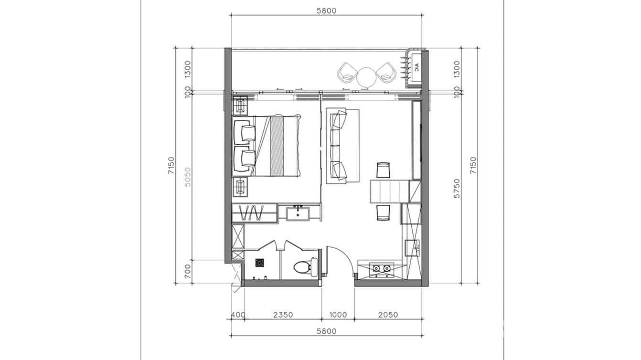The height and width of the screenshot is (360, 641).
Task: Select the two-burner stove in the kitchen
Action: (381, 269)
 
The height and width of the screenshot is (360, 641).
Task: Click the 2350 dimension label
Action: (283, 315)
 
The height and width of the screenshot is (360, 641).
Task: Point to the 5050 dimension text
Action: (188, 177)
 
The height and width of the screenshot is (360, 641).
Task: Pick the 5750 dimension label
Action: (457, 189)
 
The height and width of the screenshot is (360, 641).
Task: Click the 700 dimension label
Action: (188, 271)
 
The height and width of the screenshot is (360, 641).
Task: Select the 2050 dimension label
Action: (388, 315)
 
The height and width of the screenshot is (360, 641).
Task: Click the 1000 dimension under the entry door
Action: (338, 315)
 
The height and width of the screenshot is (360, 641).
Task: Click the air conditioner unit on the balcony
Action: (416, 68)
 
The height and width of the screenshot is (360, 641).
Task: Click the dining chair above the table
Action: (384, 170)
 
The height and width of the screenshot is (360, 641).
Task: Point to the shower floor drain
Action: (259, 262)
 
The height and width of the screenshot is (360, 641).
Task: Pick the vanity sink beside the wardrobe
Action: (298, 212)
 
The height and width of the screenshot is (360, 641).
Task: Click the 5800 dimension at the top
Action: (326, 10)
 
